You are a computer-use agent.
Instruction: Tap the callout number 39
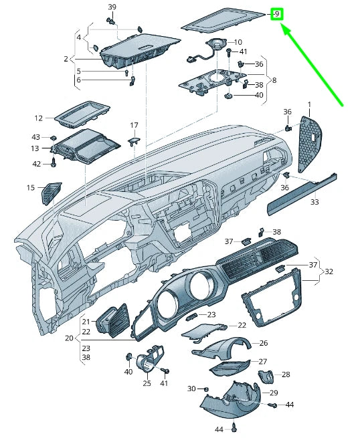click(x=112, y=7)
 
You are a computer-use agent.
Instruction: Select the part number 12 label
click(x=39, y=118)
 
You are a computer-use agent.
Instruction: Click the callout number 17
click(x=134, y=125)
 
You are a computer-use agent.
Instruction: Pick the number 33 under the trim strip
click(x=314, y=201)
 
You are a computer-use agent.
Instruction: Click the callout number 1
click(x=310, y=104)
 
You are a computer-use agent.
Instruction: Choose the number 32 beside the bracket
click(x=329, y=272)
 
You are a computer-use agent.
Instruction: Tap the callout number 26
click(x=263, y=343)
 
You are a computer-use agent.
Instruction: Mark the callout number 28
click(x=285, y=374)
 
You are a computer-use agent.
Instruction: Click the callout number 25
click(x=147, y=383)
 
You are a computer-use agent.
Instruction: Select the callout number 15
click(x=31, y=188)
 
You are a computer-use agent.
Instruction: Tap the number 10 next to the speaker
click(x=238, y=42)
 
